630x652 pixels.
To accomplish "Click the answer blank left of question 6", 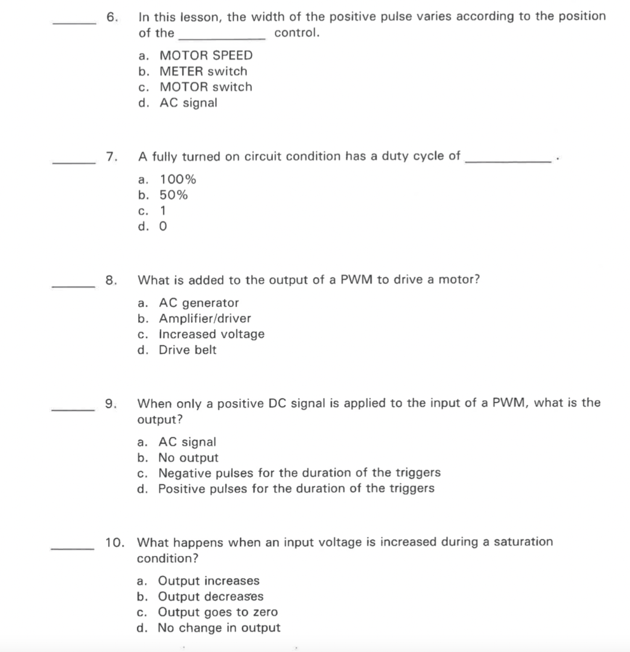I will pyautogui.click(x=74, y=24).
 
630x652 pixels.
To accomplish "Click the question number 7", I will pyautogui.click(x=111, y=157).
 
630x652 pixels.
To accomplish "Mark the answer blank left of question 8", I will pyautogui.click(x=74, y=287).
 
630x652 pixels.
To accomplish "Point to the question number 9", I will pyautogui.click(x=111, y=403).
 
